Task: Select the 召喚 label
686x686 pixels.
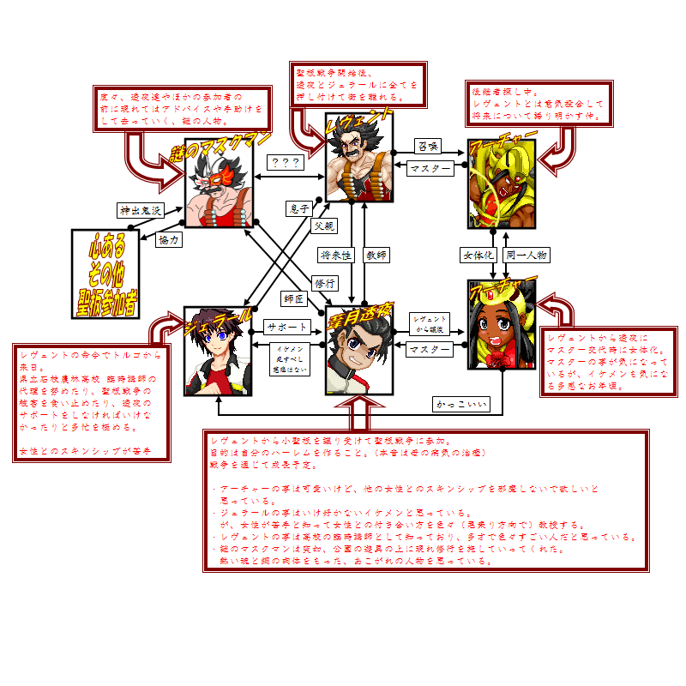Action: pos(427,146)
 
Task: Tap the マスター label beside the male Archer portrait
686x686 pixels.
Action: pos(429,169)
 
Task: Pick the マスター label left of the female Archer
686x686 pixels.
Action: pos(429,349)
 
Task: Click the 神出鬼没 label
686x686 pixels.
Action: pos(139,210)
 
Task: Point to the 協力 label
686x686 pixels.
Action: pos(169,241)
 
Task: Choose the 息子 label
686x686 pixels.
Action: pos(298,208)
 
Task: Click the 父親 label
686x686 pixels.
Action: pos(324,226)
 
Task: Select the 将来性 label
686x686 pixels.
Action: pos(336,256)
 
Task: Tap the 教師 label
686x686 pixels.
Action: pos(376,256)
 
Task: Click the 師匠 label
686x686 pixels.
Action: pos(294,299)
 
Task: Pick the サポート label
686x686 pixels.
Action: pos(287,328)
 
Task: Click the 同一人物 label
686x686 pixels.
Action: pos(527,256)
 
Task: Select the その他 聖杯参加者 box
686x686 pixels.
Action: pos(106,274)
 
